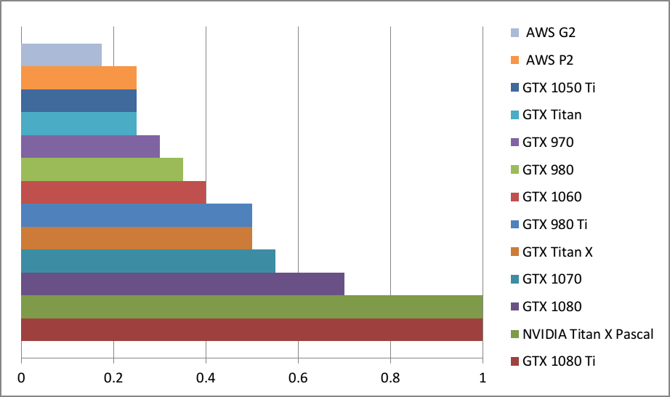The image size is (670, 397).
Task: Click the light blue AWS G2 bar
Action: click(x=62, y=55)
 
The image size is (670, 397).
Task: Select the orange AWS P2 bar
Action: click(x=78, y=78)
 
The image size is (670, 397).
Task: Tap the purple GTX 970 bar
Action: click(x=90, y=146)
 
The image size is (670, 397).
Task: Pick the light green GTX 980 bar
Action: click(x=102, y=169)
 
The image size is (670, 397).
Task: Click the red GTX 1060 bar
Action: click(x=113, y=192)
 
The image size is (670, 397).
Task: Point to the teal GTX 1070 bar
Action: click(x=148, y=261)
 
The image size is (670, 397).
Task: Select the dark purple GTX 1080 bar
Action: click(x=182, y=284)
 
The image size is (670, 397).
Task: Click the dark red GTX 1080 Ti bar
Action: click(x=251, y=329)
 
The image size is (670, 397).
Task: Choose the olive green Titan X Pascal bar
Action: click(x=251, y=306)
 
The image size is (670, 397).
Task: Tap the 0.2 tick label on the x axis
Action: click(x=113, y=378)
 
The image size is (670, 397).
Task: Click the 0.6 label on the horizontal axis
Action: click(x=298, y=378)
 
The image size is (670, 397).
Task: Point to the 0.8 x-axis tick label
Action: click(x=390, y=378)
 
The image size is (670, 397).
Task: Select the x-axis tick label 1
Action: click(x=483, y=378)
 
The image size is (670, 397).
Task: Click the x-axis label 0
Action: click(x=22, y=378)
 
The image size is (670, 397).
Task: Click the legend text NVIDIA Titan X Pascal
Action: click(x=588, y=334)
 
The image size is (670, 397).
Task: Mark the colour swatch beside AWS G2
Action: click(x=514, y=33)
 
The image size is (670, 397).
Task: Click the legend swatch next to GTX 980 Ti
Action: click(x=514, y=225)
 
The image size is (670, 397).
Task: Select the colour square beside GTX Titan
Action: click(x=514, y=115)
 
